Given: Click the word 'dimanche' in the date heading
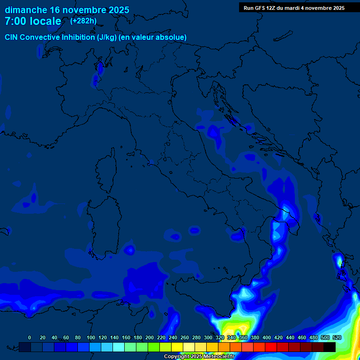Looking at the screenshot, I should pyautogui.click(x=26, y=10).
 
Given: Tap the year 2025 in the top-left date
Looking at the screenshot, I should pyautogui.click(x=117, y=10).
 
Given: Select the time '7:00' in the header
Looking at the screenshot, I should pyautogui.click(x=16, y=21).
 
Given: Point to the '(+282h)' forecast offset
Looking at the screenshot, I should pyautogui.click(x=83, y=21).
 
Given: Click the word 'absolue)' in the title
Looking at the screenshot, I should pyautogui.click(x=172, y=37).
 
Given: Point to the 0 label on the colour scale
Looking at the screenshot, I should pyautogui.click(x=30, y=337).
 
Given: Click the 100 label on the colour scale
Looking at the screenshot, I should pyautogui.click(x=90, y=337).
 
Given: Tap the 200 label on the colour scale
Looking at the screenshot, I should pyautogui.click(x=150, y=337).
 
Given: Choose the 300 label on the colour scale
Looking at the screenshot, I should pyautogui.click(x=208, y=337).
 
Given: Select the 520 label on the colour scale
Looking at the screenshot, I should pyautogui.click(x=337, y=337).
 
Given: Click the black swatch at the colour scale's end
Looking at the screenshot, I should pyautogui.click(x=330, y=347).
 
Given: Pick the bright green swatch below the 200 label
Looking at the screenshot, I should pyautogui.click(x=154, y=347).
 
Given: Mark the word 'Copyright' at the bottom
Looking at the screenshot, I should pyautogui.click(x=177, y=357).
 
